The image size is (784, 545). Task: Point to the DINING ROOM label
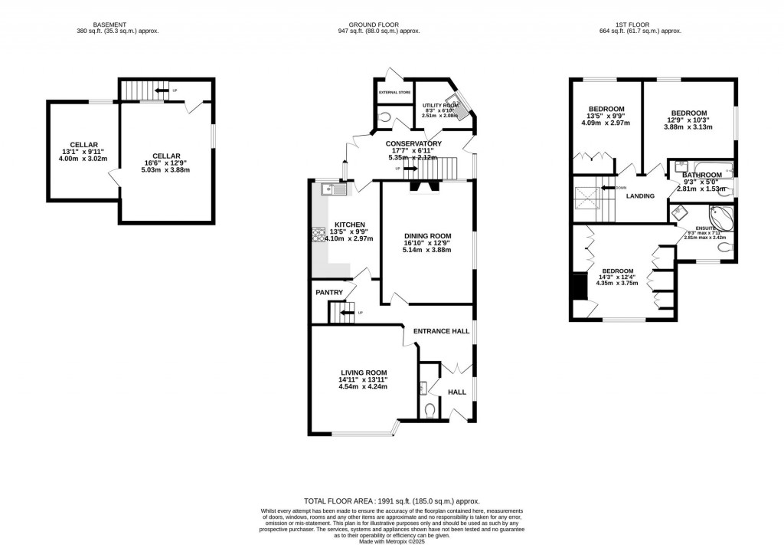pos(426,236)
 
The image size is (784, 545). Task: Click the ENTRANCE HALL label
pos(440,330)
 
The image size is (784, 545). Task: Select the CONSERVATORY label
pos(413,143)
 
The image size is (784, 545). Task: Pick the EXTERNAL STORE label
pos(394,93)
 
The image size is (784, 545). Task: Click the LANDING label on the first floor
pos(640,196)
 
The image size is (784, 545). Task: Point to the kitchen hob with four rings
pos(318,235)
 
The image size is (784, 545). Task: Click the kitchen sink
pos(335,189)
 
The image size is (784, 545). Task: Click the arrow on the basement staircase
pos(162,90)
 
